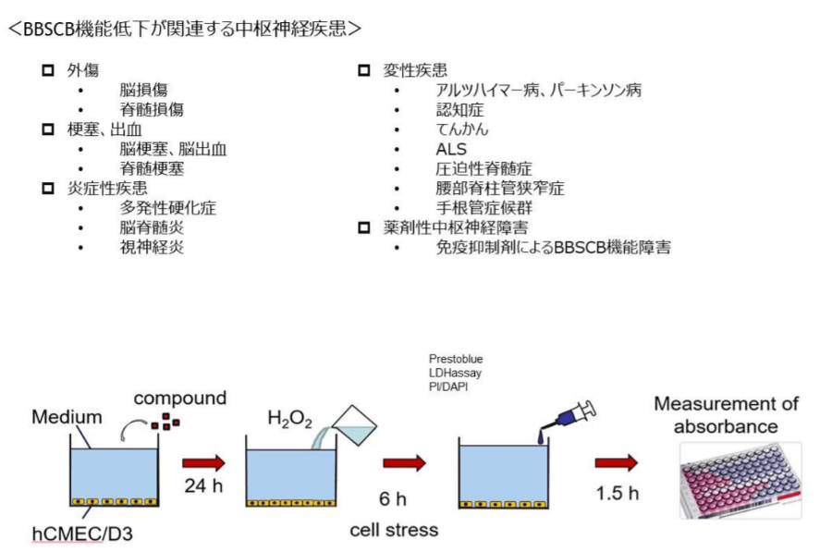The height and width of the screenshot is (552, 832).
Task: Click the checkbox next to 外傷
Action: tap(48, 70)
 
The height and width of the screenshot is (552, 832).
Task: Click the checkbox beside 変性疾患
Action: tap(363, 70)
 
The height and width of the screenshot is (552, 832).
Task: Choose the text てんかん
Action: tap(461, 129)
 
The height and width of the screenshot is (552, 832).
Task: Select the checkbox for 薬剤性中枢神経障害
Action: tap(363, 227)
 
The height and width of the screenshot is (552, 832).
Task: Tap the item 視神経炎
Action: tap(151, 247)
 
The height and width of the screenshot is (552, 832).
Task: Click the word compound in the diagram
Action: tap(179, 399)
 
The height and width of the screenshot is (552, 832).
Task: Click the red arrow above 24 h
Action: tap(202, 462)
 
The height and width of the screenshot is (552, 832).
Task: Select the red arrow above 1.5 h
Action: tap(616, 462)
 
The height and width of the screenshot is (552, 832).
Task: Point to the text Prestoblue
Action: tap(456, 359)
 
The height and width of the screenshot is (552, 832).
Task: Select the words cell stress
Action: tap(394, 530)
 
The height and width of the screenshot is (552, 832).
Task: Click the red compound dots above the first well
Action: tap(165, 424)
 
